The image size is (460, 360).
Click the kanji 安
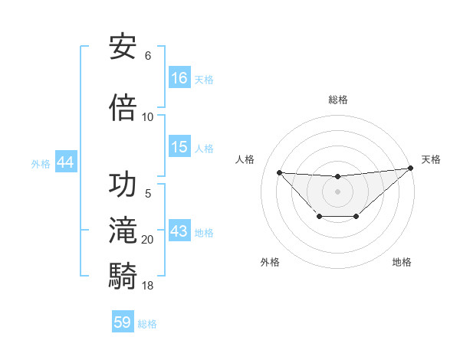point(123,47)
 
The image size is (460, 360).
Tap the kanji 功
point(123,185)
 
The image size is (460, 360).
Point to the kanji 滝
point(123,231)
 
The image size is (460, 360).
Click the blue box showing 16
point(179,77)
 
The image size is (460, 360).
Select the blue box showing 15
point(179,147)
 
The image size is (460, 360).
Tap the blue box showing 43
point(179,231)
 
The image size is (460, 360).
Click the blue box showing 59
point(123,322)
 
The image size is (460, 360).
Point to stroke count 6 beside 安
point(148,56)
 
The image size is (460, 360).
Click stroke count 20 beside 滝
point(148,240)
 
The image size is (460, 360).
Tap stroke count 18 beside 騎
point(148,286)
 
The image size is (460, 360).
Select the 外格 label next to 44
point(41,163)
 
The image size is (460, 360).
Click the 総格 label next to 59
point(148,323)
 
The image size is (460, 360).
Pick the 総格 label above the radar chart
point(337,100)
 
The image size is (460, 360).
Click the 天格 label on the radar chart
point(432,159)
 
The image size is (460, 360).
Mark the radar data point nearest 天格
point(411,168)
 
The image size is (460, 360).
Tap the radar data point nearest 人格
point(279,172)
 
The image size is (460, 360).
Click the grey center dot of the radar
point(337,191)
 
